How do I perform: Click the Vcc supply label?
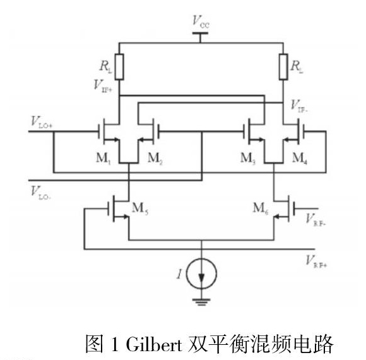[201, 22]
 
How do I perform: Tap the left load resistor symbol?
[119, 67]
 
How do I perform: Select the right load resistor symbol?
[283, 67]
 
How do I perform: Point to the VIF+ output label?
[103, 86]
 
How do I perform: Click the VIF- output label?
[299, 106]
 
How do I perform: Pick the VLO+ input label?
[42, 123]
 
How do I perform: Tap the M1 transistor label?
[103, 159]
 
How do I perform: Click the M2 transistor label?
[155, 159]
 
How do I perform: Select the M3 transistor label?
[248, 159]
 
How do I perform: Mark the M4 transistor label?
[300, 159]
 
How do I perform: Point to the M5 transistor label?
[140, 208]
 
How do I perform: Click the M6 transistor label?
[261, 208]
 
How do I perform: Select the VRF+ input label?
[316, 261]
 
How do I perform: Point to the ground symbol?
[202, 302]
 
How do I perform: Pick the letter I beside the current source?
[179, 273]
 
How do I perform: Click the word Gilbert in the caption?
[154, 344]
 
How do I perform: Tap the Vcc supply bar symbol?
[200, 33]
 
